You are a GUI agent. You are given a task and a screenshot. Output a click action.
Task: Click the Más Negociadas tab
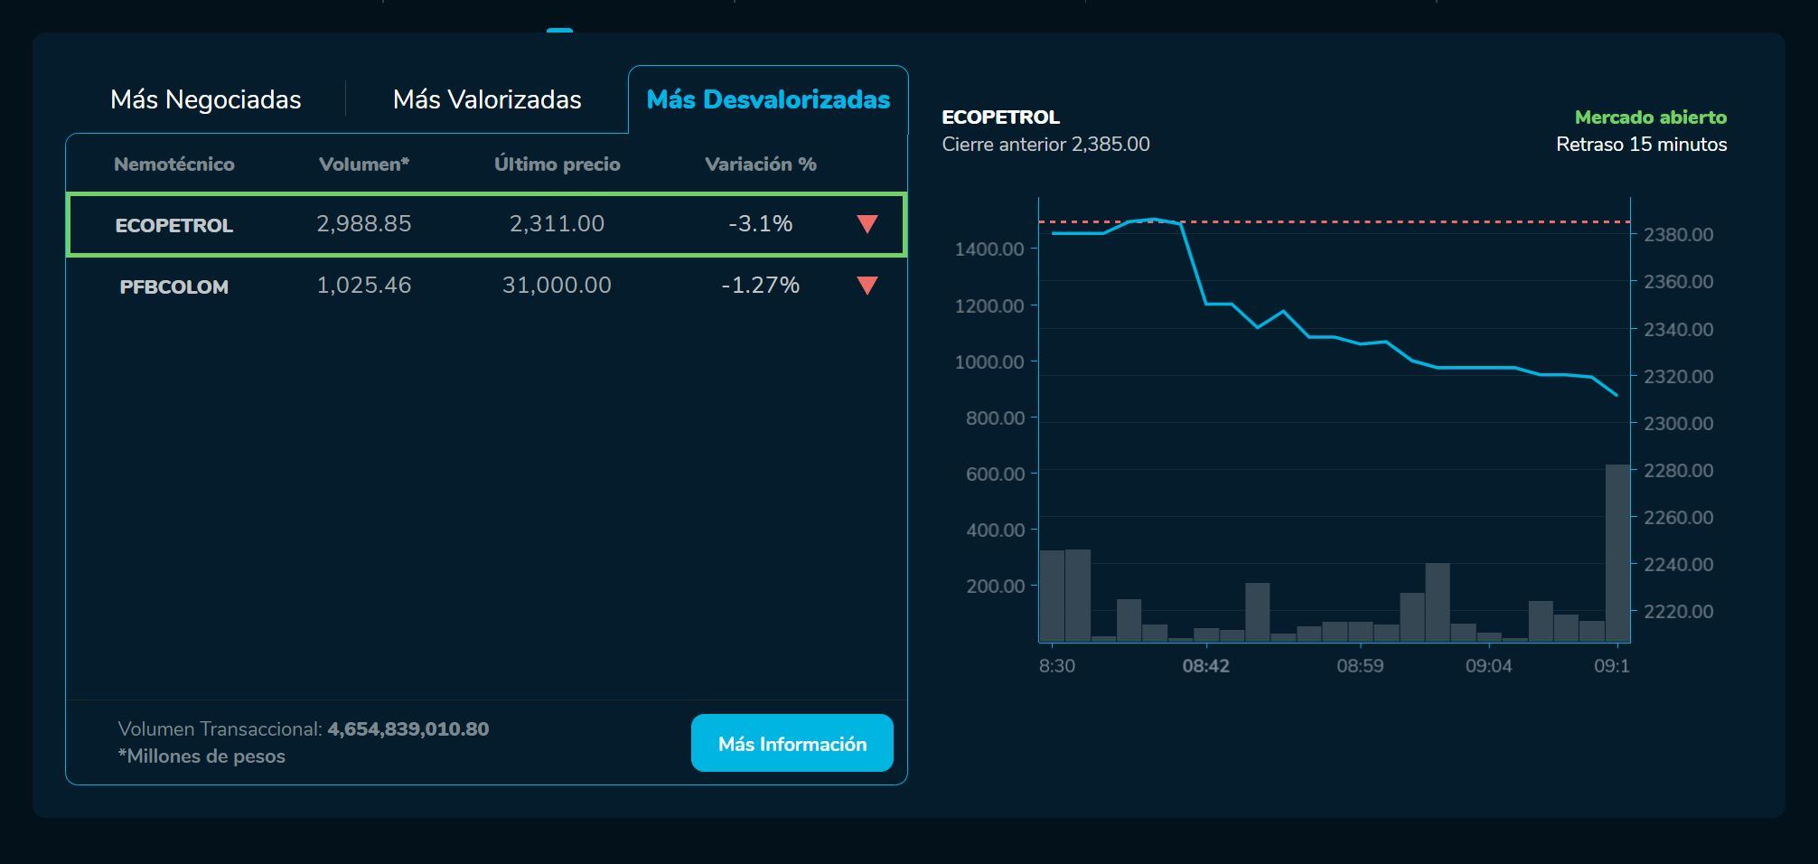tap(205, 99)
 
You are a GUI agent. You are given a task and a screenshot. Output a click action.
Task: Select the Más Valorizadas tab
tap(487, 99)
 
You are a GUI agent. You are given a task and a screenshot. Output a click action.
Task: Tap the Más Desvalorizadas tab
tap(768, 99)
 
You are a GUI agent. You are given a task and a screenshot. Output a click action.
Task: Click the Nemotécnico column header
tap(173, 164)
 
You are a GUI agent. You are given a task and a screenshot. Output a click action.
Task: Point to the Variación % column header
tap(760, 164)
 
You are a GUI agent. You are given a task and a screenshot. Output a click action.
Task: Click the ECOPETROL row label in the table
tap(173, 225)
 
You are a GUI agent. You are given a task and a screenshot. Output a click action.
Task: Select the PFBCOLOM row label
tap(173, 286)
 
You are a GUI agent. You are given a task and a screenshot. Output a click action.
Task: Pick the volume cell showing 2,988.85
tap(363, 223)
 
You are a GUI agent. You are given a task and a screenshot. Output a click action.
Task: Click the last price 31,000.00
tap(557, 285)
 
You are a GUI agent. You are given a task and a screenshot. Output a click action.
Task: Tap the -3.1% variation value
tap(760, 223)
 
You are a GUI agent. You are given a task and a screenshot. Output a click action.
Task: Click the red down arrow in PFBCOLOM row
tap(867, 286)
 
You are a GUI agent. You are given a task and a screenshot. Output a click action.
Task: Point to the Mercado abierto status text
tap(1650, 117)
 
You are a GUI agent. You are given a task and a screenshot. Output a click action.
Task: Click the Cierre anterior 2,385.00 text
tap(1045, 145)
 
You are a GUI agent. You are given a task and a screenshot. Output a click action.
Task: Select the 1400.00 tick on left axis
tap(989, 249)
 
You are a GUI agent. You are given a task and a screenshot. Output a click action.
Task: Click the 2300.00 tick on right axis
tap(1678, 423)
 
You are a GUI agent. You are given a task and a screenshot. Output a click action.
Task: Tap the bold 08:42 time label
tap(1205, 666)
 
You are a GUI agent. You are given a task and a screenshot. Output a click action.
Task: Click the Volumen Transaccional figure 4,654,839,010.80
tap(408, 729)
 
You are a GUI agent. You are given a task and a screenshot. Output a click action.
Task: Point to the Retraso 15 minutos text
tap(1641, 145)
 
